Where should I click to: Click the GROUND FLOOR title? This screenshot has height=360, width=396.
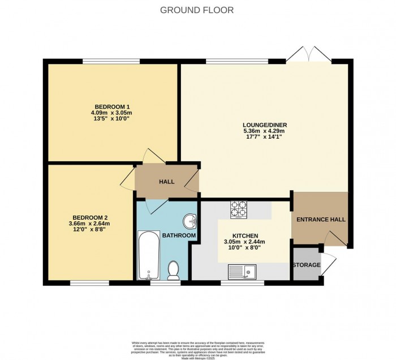coord(197,10)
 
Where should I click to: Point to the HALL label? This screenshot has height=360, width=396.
coord(166,182)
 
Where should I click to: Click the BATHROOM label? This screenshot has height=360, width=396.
coord(179,235)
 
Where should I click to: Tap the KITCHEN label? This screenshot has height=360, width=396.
coord(246,236)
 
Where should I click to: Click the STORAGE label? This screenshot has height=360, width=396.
coord(307,265)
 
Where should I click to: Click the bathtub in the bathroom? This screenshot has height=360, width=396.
coord(148,255)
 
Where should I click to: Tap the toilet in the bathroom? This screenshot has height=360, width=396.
coord(174,270)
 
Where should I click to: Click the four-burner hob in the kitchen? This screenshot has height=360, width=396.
coord(238,209)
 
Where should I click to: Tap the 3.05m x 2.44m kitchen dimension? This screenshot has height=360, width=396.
coord(246,243)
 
